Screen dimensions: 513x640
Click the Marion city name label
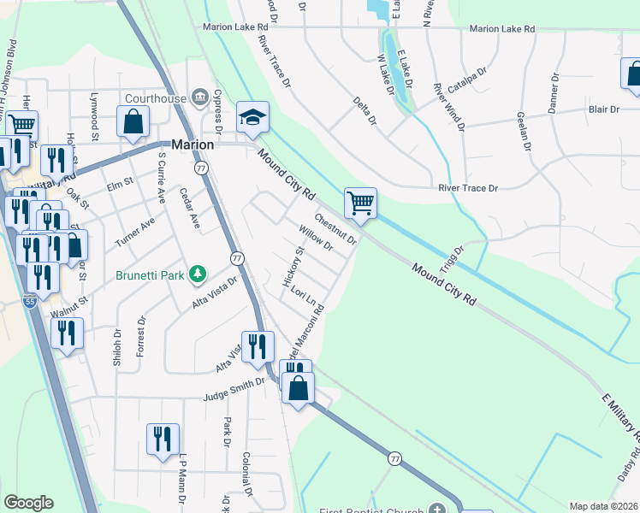coord(192,144)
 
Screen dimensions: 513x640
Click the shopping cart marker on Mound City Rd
coord(361,203)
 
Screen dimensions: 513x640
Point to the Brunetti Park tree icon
coord(198,273)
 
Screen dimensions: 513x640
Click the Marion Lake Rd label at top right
coord(501,28)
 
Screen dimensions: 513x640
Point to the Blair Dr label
coord(603,109)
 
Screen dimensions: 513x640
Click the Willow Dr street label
coord(316,238)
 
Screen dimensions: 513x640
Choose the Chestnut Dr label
coord(335,228)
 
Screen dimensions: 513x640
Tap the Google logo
coord(28,503)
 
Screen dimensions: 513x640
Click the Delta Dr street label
coord(365,111)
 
